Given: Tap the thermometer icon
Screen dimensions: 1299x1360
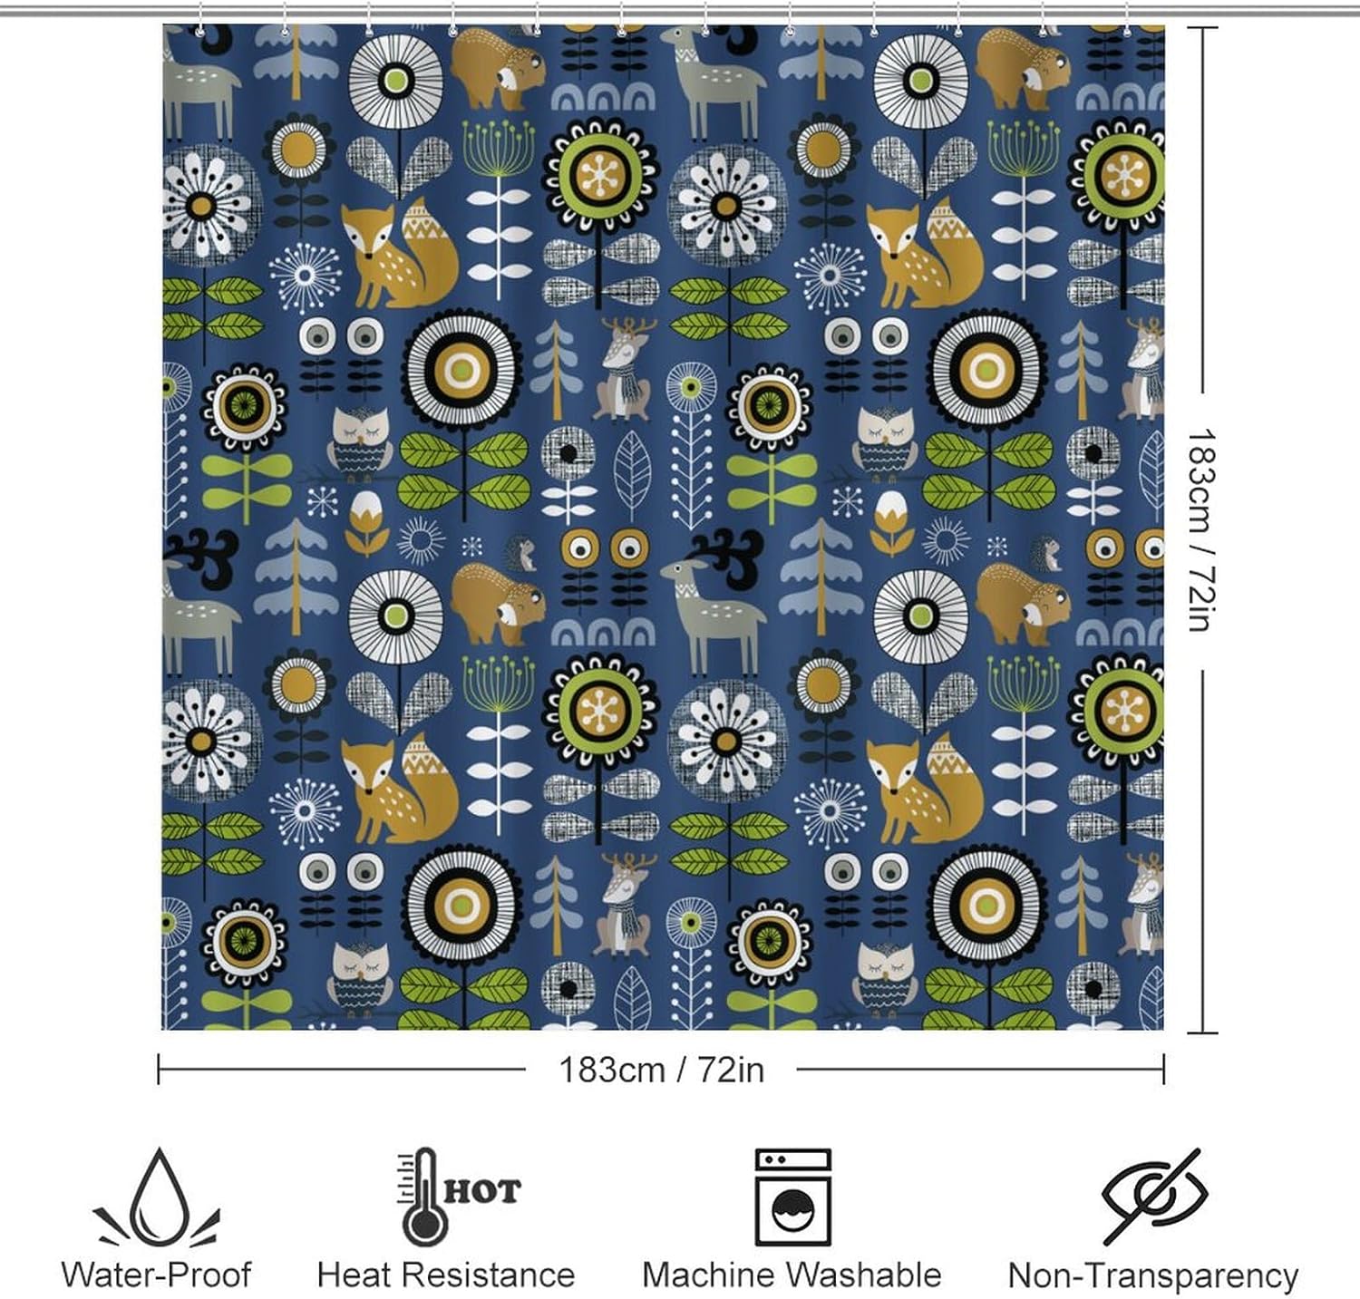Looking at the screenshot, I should point(421,1197).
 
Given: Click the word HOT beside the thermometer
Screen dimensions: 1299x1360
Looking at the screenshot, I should point(481,1190).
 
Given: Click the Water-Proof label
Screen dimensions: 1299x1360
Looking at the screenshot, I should point(156,1275).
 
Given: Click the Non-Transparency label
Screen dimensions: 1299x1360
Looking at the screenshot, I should point(1153,1276).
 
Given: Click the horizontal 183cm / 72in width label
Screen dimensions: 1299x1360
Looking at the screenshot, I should point(661,1070).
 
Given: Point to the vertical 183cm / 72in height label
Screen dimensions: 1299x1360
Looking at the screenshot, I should point(1202,530).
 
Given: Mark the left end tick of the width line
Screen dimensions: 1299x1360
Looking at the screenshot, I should point(160,1069).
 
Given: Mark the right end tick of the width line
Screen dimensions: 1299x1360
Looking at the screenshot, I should point(1163,1069).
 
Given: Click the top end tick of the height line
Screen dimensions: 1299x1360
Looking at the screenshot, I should point(1202,28).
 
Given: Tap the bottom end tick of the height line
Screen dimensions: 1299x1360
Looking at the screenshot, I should point(1202,1032).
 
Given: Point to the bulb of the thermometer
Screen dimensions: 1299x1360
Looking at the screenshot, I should point(420,1228).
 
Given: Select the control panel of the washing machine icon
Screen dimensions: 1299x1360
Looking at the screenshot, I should point(792,1160).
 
